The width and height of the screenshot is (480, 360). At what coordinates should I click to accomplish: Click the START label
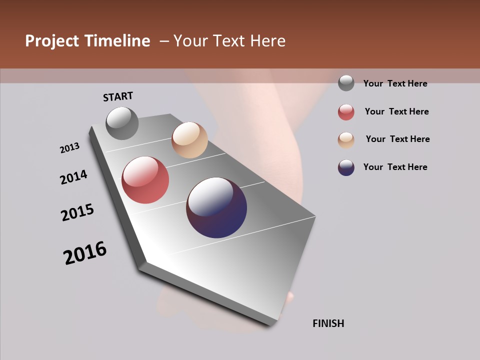tap(118, 96)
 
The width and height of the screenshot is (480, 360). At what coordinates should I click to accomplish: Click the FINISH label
tap(328, 323)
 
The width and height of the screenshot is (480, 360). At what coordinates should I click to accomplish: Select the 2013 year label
tap(69, 148)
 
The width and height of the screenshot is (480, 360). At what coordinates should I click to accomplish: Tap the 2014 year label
tap(73, 177)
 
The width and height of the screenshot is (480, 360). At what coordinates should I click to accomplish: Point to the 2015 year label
tap(77, 212)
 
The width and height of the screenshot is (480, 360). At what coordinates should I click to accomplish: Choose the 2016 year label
tap(85, 253)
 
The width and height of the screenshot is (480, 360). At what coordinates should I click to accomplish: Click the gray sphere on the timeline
tap(122, 123)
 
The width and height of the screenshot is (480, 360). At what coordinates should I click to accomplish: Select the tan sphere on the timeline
tap(189, 140)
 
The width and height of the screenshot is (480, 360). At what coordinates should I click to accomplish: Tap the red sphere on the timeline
tap(145, 180)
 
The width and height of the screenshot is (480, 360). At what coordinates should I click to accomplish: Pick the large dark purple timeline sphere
tap(216, 207)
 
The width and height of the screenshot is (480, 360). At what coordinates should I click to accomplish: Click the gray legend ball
tap(346, 83)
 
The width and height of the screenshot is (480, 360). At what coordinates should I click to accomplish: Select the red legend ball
tap(346, 112)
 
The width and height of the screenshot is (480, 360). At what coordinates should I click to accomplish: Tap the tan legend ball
tap(346, 140)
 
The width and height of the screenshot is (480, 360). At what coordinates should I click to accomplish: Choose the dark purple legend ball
tap(346, 167)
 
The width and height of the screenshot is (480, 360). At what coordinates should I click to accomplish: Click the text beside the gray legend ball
tap(395, 83)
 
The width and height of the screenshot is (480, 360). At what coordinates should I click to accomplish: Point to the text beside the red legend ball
tap(396, 111)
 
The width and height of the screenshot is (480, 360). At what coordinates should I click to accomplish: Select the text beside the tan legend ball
tap(397, 139)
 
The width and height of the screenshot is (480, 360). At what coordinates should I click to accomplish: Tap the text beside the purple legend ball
tap(395, 167)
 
